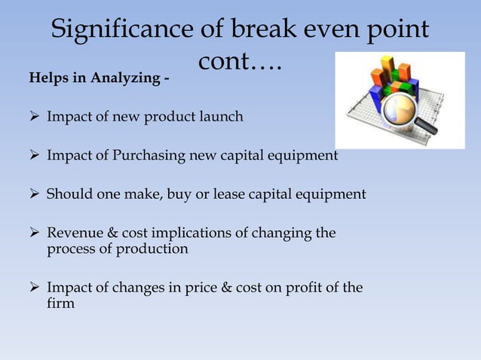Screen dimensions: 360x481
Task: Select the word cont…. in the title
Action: coord(240,63)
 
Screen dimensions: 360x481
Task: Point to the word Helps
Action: coord(46,81)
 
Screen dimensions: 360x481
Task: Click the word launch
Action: coord(222,117)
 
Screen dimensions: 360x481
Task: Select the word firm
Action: coord(60,304)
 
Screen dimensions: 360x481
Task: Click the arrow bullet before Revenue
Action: coord(37,233)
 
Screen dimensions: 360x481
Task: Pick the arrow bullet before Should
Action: coord(37,195)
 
